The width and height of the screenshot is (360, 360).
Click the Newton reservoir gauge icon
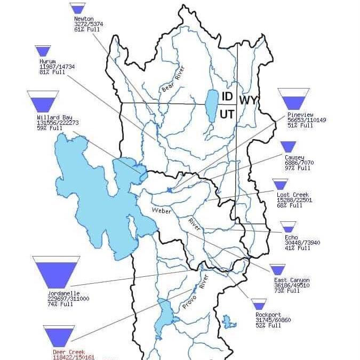click(x=77, y=8)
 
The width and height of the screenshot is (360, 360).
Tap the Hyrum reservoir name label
click(x=47, y=61)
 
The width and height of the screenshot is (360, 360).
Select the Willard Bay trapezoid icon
click(x=43, y=101)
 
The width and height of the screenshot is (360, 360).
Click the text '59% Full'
click(x=47, y=128)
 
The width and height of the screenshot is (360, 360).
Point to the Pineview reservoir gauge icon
click(x=293, y=99)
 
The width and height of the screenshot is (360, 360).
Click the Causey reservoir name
click(x=294, y=157)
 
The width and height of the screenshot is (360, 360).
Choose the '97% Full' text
click(x=297, y=168)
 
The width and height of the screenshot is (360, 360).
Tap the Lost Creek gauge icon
click(x=280, y=184)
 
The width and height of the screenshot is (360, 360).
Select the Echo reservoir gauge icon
click(x=288, y=227)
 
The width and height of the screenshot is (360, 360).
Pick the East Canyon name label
click(x=291, y=280)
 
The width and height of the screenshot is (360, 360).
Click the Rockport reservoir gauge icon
click(x=259, y=304)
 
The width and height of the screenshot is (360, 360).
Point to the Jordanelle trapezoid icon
click(x=56, y=270)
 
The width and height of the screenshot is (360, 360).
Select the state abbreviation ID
click(x=227, y=97)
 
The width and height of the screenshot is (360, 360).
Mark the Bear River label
click(x=172, y=79)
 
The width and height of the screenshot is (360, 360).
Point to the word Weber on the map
click(x=161, y=211)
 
